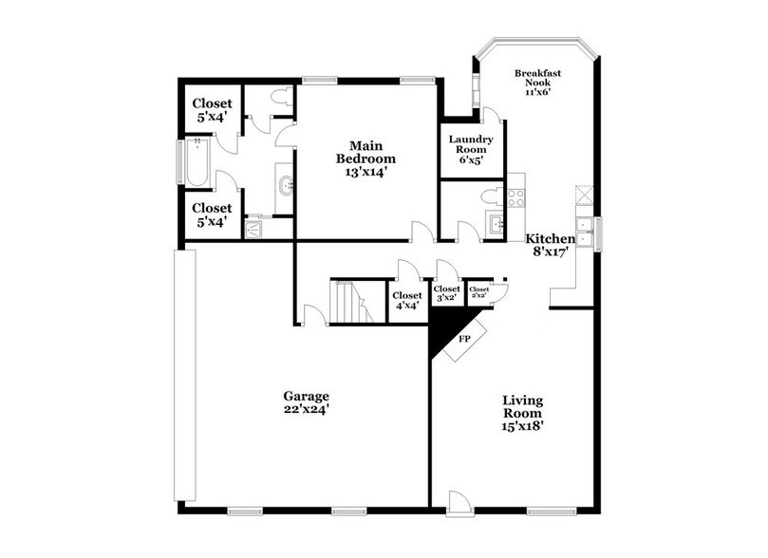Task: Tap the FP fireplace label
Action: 465,337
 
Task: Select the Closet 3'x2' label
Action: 446,293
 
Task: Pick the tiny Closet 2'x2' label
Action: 478,292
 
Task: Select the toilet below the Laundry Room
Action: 489,195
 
